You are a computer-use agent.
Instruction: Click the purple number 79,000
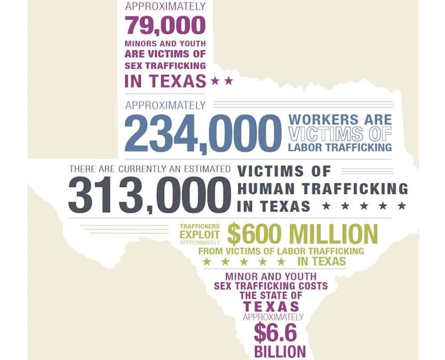165,25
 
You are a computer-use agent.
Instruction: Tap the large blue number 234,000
203,133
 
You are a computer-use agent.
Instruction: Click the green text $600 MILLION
303,234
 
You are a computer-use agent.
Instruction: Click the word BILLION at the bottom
280,351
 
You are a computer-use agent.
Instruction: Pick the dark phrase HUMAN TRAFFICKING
322,188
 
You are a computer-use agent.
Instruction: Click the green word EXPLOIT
200,234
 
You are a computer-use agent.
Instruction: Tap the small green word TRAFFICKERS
200,226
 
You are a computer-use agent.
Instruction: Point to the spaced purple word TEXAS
271,306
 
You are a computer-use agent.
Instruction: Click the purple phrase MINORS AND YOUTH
165,43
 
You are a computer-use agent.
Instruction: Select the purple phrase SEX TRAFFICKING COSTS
271,286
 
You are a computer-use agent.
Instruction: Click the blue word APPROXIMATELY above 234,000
165,105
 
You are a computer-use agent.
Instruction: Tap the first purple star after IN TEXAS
214,81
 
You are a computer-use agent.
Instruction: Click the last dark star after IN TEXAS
402,206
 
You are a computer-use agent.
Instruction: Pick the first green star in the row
207,261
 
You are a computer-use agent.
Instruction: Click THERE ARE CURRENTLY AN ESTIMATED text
150,169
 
